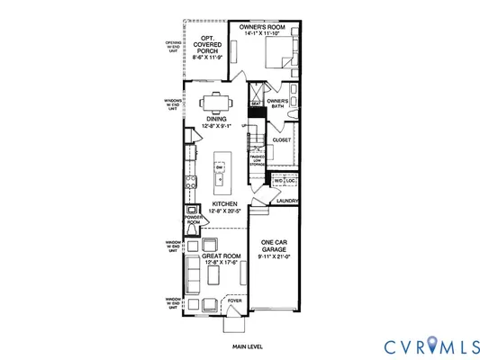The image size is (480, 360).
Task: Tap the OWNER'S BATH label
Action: pyautogui.click(x=278, y=104)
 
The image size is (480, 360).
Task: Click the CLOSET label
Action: pyautogui.click(x=282, y=140)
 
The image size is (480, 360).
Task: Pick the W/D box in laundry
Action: pyautogui.click(x=279, y=180)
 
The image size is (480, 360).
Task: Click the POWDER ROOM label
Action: pyautogui.click(x=192, y=220)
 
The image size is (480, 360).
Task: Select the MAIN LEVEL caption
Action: pyautogui.click(x=248, y=346)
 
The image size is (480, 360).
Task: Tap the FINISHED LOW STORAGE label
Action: pyautogui.click(x=258, y=160)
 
